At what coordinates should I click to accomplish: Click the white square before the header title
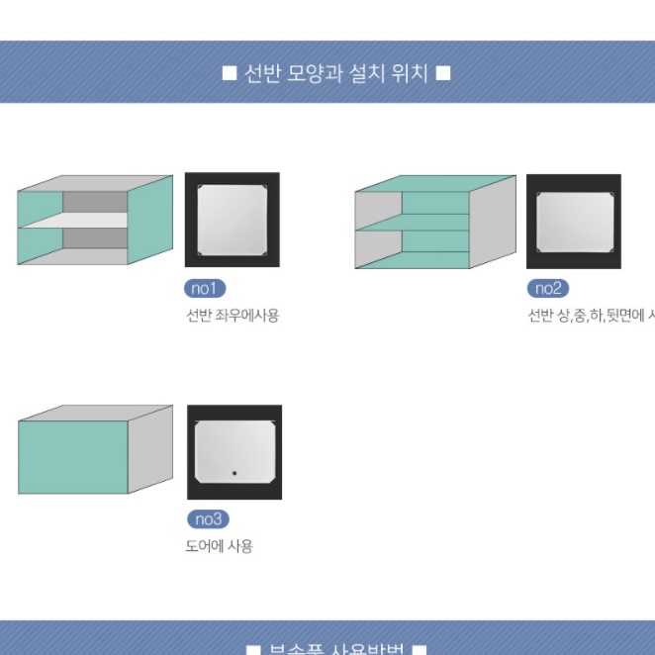pyautogui.click(x=230, y=73)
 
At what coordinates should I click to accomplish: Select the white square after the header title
pyautogui.click(x=443, y=73)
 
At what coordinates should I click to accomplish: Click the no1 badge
pyautogui.click(x=206, y=289)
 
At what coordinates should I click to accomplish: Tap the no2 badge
pyautogui.click(x=547, y=289)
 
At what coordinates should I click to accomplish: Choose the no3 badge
pyautogui.click(x=208, y=519)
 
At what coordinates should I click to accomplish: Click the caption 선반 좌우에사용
pyautogui.click(x=233, y=316)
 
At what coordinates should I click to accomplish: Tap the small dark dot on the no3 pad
pyautogui.click(x=234, y=473)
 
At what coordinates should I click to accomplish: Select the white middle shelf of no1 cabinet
pyautogui.click(x=74, y=221)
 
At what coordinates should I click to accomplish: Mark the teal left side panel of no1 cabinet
pyautogui.click(x=39, y=228)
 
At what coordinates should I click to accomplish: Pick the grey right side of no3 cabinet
pyautogui.click(x=150, y=448)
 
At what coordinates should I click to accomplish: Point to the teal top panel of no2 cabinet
pyautogui.click(x=435, y=184)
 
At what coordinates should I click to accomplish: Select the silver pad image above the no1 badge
pyautogui.click(x=233, y=219)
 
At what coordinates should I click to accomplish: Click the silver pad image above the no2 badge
pyautogui.click(x=573, y=221)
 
